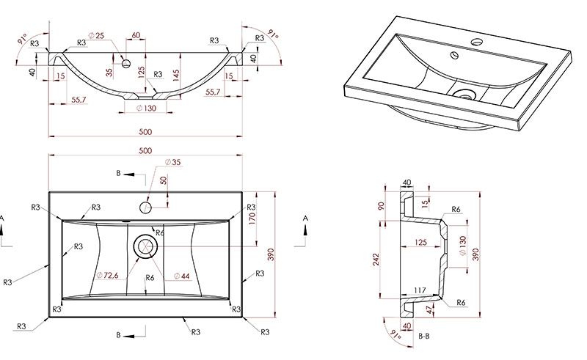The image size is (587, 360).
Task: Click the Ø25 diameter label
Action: pos(97,36)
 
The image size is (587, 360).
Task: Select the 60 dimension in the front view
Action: pos(136,35)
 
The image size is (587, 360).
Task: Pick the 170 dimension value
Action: pos(252,218)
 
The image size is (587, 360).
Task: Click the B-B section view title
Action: pos(424,337)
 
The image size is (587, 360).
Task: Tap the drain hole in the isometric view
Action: pos(465,94)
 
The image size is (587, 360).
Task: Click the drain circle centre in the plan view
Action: pos(145,246)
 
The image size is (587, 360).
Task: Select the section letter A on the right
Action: pos(305,218)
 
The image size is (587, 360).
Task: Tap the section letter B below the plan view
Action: pos(118,335)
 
